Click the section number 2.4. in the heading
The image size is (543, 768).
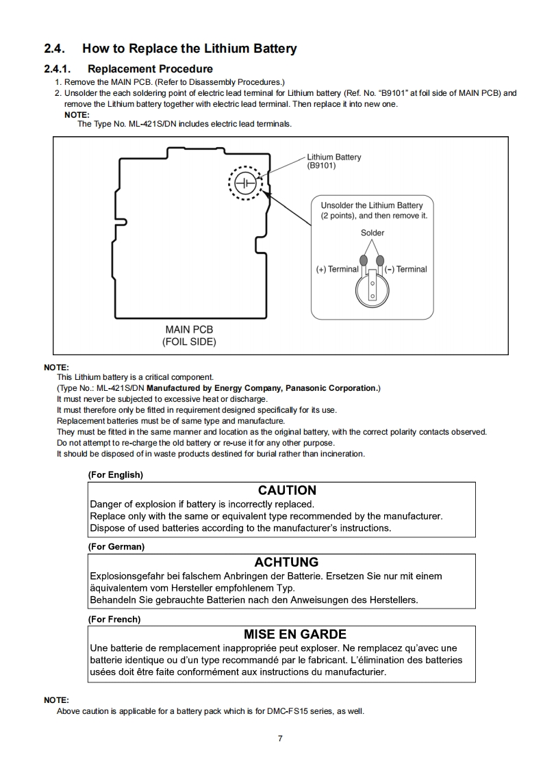[56, 49]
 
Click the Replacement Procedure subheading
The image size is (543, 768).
[150, 69]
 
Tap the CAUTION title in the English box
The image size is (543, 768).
[287, 491]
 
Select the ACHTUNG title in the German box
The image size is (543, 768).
[286, 563]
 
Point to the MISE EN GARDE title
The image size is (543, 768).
[294, 635]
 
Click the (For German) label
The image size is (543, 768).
[116, 547]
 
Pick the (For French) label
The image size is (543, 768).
[114, 619]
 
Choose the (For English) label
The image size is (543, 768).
[116, 474]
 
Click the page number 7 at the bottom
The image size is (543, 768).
[280, 738]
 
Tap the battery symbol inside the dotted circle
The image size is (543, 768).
[245, 184]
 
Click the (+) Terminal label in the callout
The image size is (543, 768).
[337, 270]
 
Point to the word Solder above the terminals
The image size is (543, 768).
[372, 233]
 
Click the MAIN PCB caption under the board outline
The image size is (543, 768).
[189, 330]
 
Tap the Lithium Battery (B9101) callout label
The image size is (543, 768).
[333, 162]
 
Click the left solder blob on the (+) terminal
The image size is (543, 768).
[364, 260]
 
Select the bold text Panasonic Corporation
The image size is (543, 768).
[332, 388]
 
